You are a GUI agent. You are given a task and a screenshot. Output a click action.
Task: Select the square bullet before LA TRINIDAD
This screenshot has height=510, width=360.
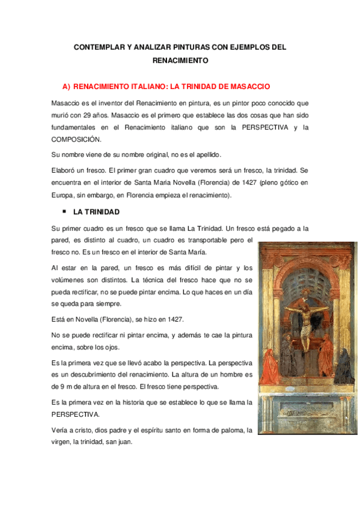tap(64, 212)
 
